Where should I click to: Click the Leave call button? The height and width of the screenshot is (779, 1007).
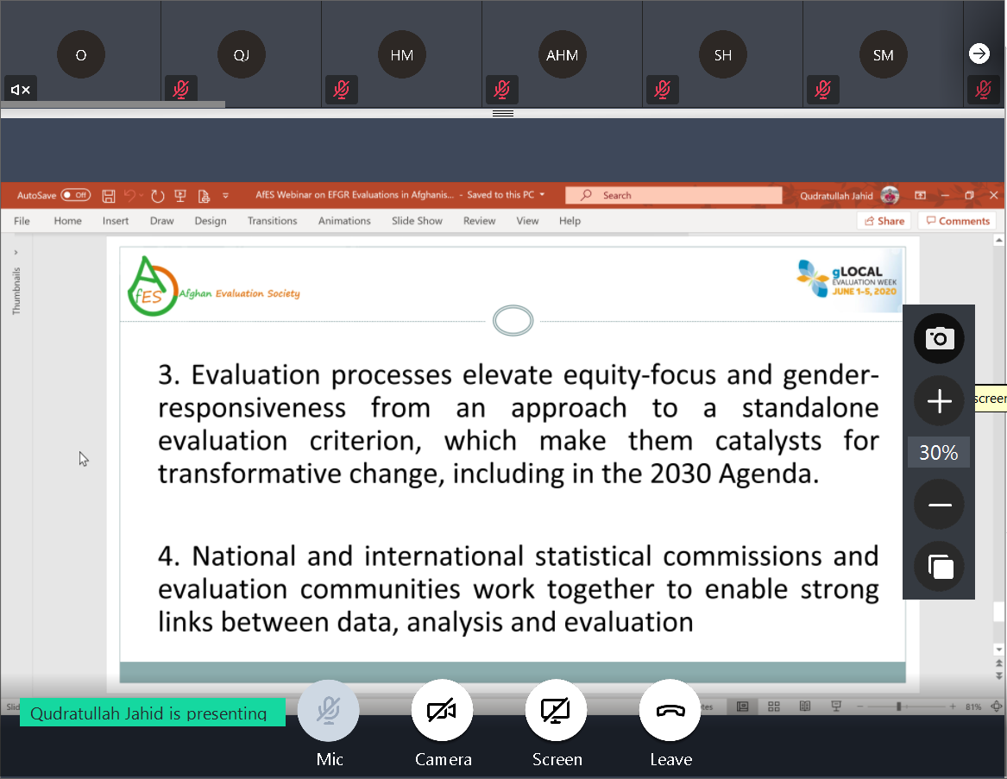tap(670, 710)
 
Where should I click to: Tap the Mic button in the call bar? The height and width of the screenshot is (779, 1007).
tap(328, 710)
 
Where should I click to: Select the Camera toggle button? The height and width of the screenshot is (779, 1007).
tap(442, 710)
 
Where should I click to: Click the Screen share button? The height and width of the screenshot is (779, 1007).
tap(557, 710)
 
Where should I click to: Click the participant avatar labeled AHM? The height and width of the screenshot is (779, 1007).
tap(562, 54)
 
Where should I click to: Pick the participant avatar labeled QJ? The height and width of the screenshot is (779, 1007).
tap(242, 54)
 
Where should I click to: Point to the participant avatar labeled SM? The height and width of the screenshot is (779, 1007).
tap(883, 54)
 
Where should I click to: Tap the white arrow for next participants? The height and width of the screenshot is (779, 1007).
tap(979, 53)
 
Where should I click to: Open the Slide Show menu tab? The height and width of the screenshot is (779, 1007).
tap(417, 220)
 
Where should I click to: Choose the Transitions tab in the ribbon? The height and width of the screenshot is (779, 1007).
tap(273, 220)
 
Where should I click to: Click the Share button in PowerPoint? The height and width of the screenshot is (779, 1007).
tap(884, 220)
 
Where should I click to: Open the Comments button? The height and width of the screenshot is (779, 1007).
tap(958, 220)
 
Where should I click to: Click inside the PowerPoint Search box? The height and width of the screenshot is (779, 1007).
tap(674, 195)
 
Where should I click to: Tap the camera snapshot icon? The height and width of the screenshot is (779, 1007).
tap(939, 338)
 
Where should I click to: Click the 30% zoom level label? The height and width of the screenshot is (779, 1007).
tap(938, 453)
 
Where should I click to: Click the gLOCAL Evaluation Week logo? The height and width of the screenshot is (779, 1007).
tap(848, 280)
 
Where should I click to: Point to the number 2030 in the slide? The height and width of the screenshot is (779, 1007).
tap(680, 474)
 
